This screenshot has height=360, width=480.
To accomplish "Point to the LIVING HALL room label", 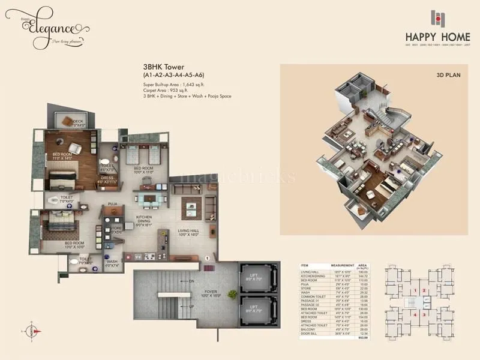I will click(x=188, y=232).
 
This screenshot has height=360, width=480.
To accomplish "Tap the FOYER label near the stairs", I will click(x=209, y=294).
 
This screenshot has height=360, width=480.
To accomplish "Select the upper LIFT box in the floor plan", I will click(x=257, y=278).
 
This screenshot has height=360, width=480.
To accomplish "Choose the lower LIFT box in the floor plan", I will click(x=257, y=311).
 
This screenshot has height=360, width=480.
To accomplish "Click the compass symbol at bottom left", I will click(x=32, y=329).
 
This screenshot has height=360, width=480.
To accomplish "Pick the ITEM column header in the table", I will click(x=304, y=265).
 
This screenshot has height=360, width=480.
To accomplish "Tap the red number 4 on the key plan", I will click(x=414, y=314).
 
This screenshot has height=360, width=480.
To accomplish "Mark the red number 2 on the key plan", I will click(x=424, y=291).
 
